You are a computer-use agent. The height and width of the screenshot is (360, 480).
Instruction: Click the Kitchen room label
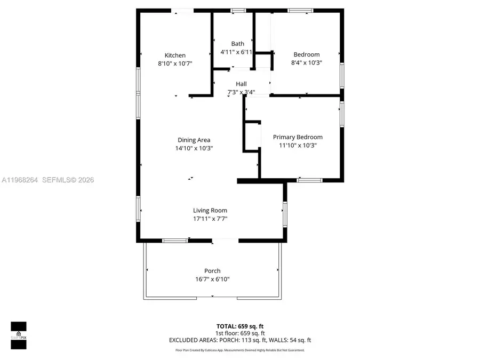point(175,55)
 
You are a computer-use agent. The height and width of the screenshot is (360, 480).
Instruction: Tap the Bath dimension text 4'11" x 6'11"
point(237,52)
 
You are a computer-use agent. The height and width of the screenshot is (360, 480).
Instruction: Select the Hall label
point(241,84)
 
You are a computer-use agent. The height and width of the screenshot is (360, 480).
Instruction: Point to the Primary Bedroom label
point(298,137)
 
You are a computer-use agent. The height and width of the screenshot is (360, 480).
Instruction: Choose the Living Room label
point(210,211)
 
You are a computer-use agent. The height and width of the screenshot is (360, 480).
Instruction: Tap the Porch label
point(212,271)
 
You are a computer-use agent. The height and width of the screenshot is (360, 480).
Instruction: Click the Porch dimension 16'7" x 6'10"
point(212,279)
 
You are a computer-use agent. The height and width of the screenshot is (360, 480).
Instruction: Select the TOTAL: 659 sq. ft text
point(239,325)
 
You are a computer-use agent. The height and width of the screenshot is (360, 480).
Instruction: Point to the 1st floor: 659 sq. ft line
point(239,333)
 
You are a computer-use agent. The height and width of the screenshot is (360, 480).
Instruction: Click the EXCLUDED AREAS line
point(239,340)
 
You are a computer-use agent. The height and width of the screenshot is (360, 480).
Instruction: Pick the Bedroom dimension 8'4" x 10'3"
point(307,62)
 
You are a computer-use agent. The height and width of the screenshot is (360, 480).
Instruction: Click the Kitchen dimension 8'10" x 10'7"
point(175,63)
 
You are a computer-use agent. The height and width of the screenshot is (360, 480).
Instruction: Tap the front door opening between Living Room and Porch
point(225,241)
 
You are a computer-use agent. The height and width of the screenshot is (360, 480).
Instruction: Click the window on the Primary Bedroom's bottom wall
point(306,180)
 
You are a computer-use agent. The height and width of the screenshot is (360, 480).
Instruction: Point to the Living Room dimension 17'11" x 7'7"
point(210,219)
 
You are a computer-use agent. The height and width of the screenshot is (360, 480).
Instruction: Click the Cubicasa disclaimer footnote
point(239,350)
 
